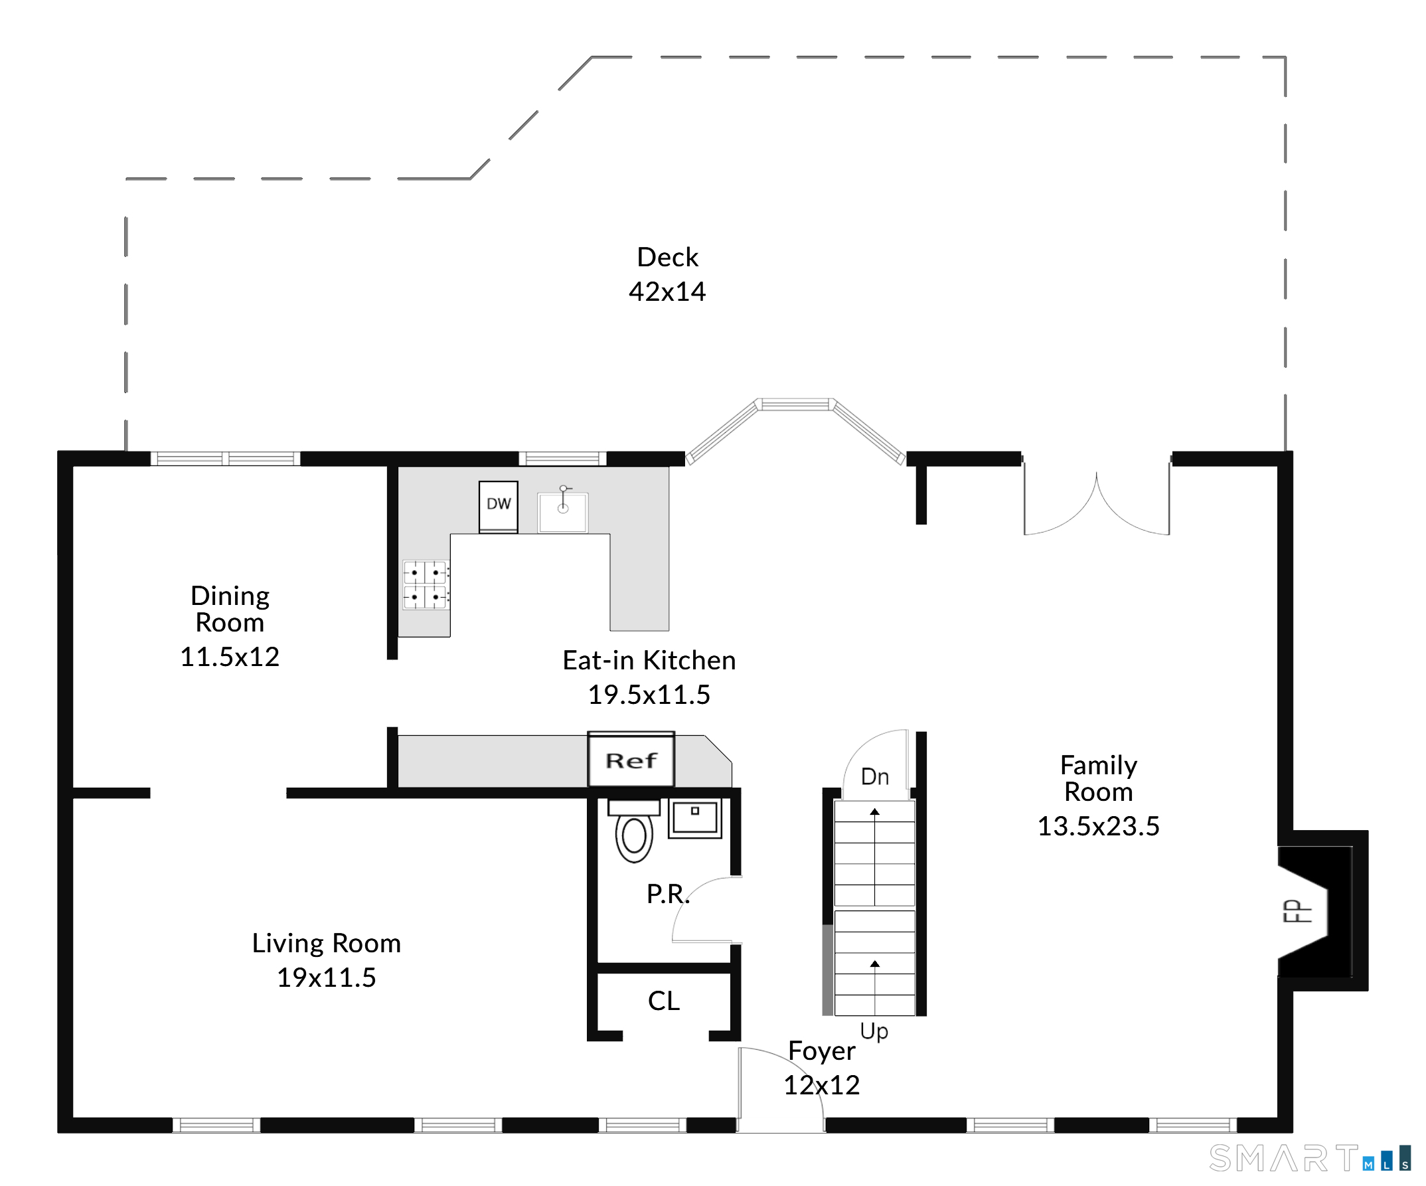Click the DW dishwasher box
tap(499, 507)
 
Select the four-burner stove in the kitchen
tap(426, 585)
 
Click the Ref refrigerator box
tap(631, 760)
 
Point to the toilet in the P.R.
tap(634, 830)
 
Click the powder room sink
tap(694, 819)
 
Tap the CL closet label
tap(663, 1001)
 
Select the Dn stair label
tap(874, 776)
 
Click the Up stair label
tap(874, 1031)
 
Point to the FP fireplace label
tap(1297, 911)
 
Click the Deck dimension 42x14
tap(667, 292)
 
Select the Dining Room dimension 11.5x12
tap(230, 657)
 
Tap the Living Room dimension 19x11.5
tap(326, 977)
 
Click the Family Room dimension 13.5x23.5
tap(1098, 826)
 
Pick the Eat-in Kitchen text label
tap(649, 660)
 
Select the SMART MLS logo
tap(1310, 1159)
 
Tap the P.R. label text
tap(667, 894)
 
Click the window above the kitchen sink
tap(563, 458)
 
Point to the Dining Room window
tap(226, 458)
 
